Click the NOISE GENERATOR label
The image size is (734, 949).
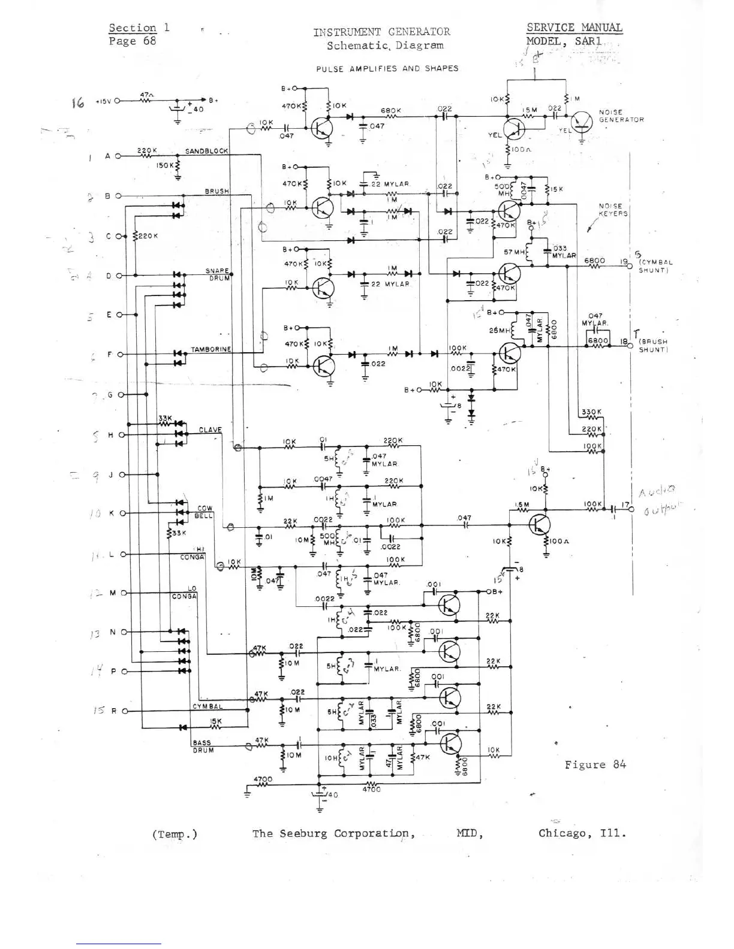click(x=621, y=116)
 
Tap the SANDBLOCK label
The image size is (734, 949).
click(x=206, y=151)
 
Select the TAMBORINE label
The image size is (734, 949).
click(x=210, y=349)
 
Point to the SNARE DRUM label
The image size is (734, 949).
click(x=218, y=274)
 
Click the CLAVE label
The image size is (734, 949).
click(x=210, y=430)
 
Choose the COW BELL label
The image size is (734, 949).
click(x=204, y=512)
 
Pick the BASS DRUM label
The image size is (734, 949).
click(x=203, y=746)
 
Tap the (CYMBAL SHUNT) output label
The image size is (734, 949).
click(x=655, y=266)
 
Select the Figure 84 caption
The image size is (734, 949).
click(x=595, y=764)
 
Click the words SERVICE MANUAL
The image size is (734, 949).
click(x=574, y=28)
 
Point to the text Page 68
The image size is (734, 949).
click(x=132, y=41)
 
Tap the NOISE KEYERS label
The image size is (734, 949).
click(x=613, y=210)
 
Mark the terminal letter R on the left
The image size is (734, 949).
click(x=113, y=711)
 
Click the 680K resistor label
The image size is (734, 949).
click(x=390, y=111)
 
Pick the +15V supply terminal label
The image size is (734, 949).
click(x=103, y=101)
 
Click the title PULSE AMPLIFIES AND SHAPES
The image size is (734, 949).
click(x=387, y=68)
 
